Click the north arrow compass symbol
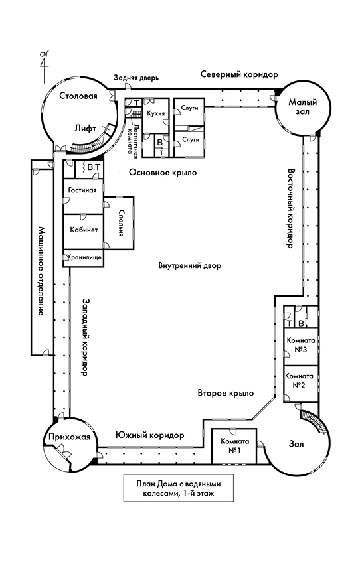[44, 61]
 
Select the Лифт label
[87, 129]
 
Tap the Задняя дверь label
[136, 78]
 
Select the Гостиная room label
[82, 190]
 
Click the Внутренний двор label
[189, 266]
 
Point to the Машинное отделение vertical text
[41, 271]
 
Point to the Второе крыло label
[226, 394]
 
